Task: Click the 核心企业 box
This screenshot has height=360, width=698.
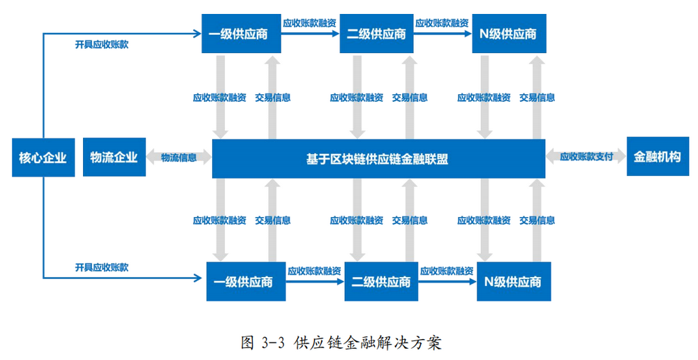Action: (43, 158)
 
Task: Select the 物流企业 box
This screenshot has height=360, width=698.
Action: (114, 158)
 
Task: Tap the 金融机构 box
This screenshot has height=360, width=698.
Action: (657, 157)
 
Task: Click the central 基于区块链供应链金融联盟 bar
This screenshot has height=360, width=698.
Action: (378, 159)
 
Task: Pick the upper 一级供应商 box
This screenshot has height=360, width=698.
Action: (241, 33)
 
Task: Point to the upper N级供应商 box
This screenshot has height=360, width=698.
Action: (509, 33)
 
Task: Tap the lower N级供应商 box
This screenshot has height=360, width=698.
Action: (514, 282)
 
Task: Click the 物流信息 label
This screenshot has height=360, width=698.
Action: (179, 158)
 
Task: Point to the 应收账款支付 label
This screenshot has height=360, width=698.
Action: (586, 157)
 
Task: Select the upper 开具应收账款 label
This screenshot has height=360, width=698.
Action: (102, 45)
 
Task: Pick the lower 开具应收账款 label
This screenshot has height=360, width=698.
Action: (102, 267)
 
